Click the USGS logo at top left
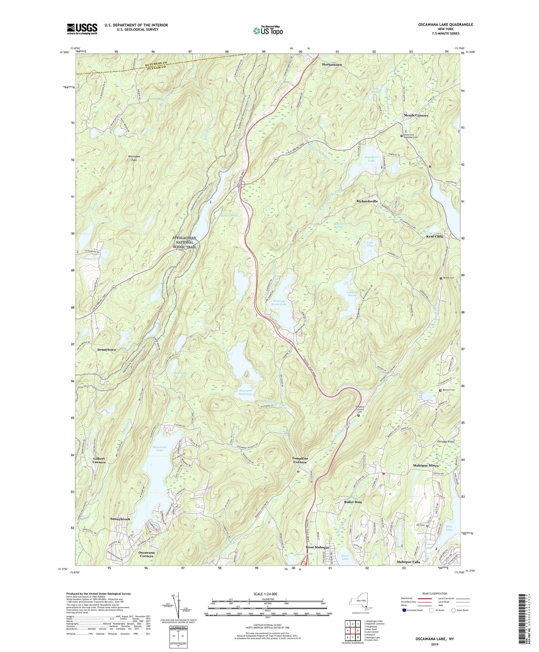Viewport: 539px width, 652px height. pyautogui.click(x=82, y=29)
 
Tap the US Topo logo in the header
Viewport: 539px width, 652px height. pyautogui.click(x=267, y=30)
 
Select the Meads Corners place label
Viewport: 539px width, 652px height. pyautogui.click(x=416, y=115)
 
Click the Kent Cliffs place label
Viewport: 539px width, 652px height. pyautogui.click(x=434, y=237)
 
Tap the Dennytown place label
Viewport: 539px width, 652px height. pyautogui.click(x=106, y=350)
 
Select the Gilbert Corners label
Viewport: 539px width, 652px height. pyautogui.click(x=99, y=460)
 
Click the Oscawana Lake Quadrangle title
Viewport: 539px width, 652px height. pyautogui.click(x=440, y=24)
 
